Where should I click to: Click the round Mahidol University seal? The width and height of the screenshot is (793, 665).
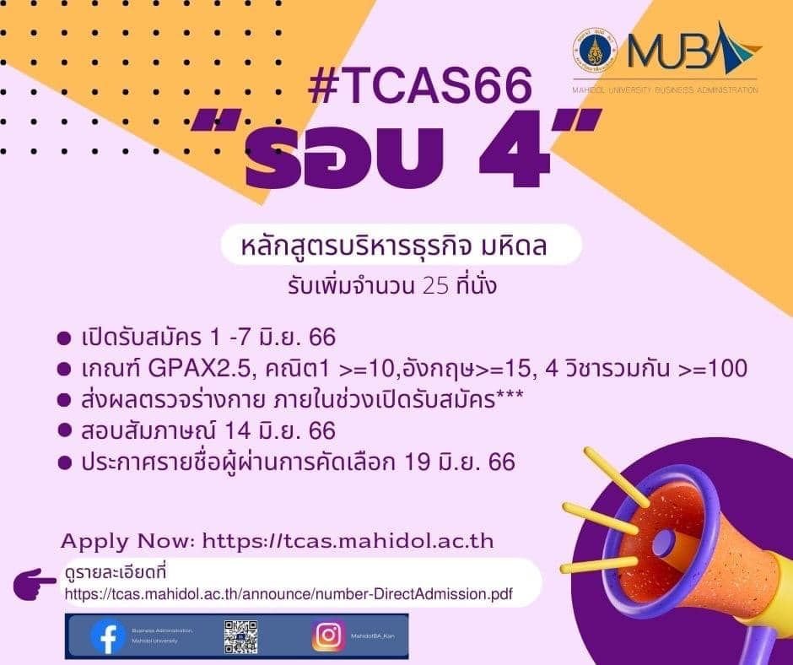(x=594, y=50)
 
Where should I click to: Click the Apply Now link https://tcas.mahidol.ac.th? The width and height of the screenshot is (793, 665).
(x=349, y=540)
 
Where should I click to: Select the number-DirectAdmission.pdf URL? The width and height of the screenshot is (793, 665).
(x=289, y=593)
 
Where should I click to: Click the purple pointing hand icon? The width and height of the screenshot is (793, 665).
(x=37, y=582)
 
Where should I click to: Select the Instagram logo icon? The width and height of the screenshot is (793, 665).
(x=328, y=636)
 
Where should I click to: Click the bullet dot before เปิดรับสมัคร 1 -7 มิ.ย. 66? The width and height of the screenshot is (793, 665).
(x=62, y=338)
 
